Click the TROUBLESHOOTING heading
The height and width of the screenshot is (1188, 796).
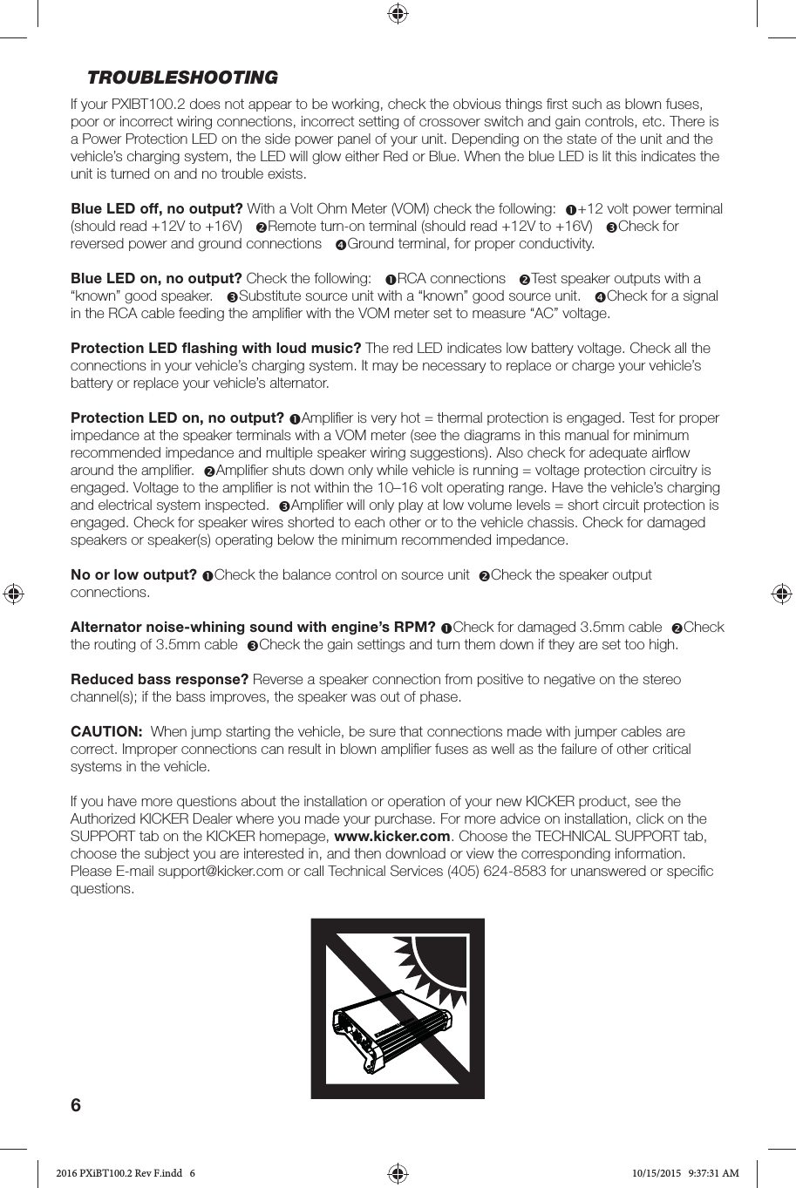[x=182, y=78]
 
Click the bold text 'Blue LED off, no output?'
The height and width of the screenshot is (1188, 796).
[x=156, y=209]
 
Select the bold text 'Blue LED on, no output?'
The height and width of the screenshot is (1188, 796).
[x=156, y=279]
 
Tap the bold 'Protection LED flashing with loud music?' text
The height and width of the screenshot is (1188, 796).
[x=215, y=349]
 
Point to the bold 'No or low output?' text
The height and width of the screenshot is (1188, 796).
[x=133, y=575]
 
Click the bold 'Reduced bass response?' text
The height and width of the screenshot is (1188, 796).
[x=160, y=680]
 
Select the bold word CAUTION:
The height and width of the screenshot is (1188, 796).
[x=105, y=732]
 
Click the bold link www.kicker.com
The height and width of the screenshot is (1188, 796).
[x=398, y=837]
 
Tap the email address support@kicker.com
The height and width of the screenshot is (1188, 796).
[x=221, y=872]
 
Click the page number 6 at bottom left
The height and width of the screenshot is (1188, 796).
[x=76, y=1106]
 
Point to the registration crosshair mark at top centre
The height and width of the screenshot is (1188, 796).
[x=398, y=13]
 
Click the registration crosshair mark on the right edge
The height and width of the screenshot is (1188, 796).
[x=781, y=594]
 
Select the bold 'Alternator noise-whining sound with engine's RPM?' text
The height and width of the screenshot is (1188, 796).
[x=253, y=628]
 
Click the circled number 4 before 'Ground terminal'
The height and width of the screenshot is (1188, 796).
[x=340, y=245]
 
